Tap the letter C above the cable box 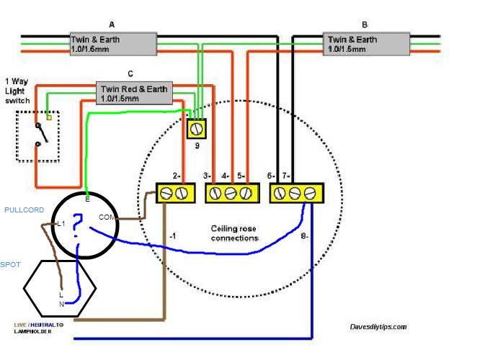(130, 74)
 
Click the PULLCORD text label (24, 210)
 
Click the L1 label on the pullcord (61, 224)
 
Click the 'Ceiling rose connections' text (234, 233)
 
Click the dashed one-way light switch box (37, 135)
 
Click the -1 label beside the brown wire (172, 235)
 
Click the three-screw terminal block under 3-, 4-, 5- (233, 193)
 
